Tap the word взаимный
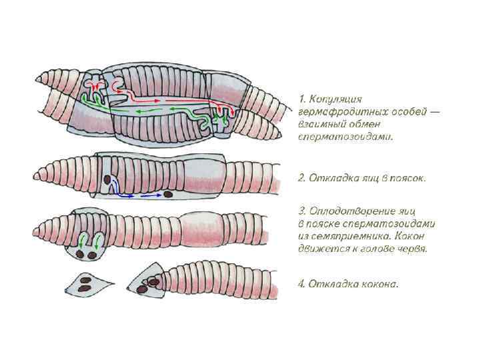(323, 124)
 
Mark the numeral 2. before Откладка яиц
(301, 178)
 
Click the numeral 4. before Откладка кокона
(301, 284)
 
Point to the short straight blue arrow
(151, 196)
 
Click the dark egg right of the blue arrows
(169, 195)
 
